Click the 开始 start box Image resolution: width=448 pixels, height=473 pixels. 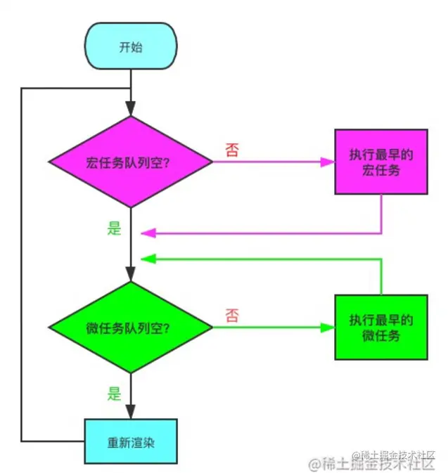pyautogui.click(x=131, y=47)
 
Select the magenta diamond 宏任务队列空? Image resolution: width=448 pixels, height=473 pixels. pyautogui.click(x=131, y=162)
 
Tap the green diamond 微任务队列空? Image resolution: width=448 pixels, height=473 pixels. pyautogui.click(x=131, y=328)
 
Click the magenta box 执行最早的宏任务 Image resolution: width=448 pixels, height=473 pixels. pyautogui.click(x=380, y=162)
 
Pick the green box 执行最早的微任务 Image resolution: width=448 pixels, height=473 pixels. pyautogui.click(x=380, y=328)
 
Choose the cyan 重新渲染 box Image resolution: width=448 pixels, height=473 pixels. pyautogui.click(x=131, y=442)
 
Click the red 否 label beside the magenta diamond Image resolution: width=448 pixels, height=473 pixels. pyautogui.click(x=231, y=150)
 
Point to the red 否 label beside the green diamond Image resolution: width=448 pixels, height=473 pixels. pyautogui.click(x=231, y=316)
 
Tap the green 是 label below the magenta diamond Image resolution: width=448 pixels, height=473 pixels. pyautogui.click(x=114, y=228)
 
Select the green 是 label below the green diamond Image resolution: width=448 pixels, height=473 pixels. pyautogui.click(x=114, y=394)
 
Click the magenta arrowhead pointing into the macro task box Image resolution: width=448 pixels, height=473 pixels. pyautogui.click(x=328, y=162)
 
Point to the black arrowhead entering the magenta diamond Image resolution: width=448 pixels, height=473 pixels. pyautogui.click(x=132, y=109)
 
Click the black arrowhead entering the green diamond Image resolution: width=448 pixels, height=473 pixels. pyautogui.click(x=132, y=275)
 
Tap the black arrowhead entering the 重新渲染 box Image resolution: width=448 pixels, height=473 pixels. pyautogui.click(x=132, y=413)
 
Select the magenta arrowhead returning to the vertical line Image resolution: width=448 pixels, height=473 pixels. pyautogui.click(x=146, y=233)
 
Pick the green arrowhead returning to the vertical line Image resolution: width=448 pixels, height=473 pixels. pyautogui.click(x=146, y=259)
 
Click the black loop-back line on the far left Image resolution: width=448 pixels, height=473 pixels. pyautogui.click(x=23, y=267)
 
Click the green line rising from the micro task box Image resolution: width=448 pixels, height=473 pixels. pyautogui.click(x=381, y=278)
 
